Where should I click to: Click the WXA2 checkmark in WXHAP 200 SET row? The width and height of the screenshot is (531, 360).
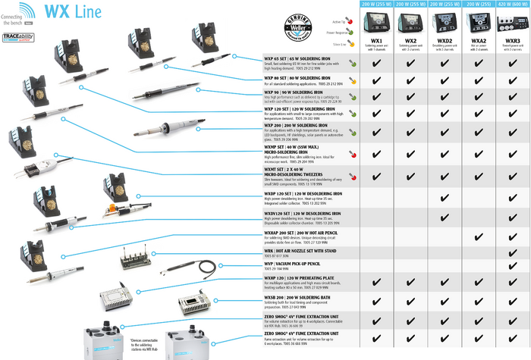[x=479, y=236]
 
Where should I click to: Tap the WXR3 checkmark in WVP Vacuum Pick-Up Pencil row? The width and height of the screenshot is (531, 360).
[x=512, y=266]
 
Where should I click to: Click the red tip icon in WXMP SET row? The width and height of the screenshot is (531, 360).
[x=353, y=153]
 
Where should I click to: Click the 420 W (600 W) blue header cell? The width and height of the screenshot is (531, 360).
[x=512, y=4]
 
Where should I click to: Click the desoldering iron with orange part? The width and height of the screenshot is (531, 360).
[x=114, y=207]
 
